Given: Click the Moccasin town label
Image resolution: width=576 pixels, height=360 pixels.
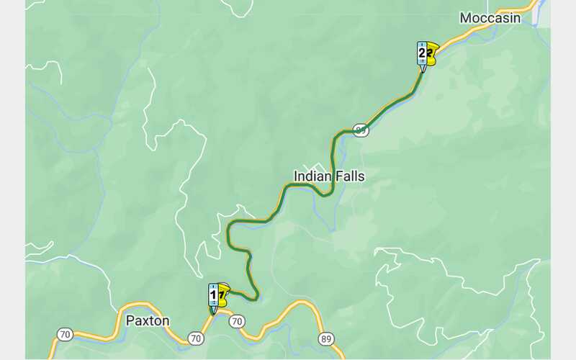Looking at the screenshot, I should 490,18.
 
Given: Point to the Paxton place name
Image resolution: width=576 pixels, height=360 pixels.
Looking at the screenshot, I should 148,320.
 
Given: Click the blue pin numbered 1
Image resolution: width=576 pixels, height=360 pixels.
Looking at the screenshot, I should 213,294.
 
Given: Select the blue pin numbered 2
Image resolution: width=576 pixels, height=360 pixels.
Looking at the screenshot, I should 422,53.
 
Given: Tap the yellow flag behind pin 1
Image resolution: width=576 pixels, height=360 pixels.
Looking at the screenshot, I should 223,292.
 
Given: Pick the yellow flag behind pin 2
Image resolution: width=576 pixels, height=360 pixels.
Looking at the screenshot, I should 432,52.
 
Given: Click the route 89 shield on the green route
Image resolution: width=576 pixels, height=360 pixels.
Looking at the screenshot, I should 361,130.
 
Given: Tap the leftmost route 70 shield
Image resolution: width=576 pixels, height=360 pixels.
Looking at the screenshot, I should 65,334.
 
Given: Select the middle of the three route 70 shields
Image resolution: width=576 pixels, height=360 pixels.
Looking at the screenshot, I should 195,338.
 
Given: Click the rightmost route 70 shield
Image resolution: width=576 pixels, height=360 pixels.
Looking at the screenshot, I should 237,321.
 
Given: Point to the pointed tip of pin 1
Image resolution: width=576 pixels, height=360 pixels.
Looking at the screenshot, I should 213,313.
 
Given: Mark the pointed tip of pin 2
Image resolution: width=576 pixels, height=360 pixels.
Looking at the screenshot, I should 422,71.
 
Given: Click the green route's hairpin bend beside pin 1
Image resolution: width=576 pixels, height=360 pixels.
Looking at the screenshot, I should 256,295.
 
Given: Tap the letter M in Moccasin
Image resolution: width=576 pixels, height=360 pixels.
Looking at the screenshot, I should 466,18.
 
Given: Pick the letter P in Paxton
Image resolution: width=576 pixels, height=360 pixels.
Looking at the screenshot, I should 130,320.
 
